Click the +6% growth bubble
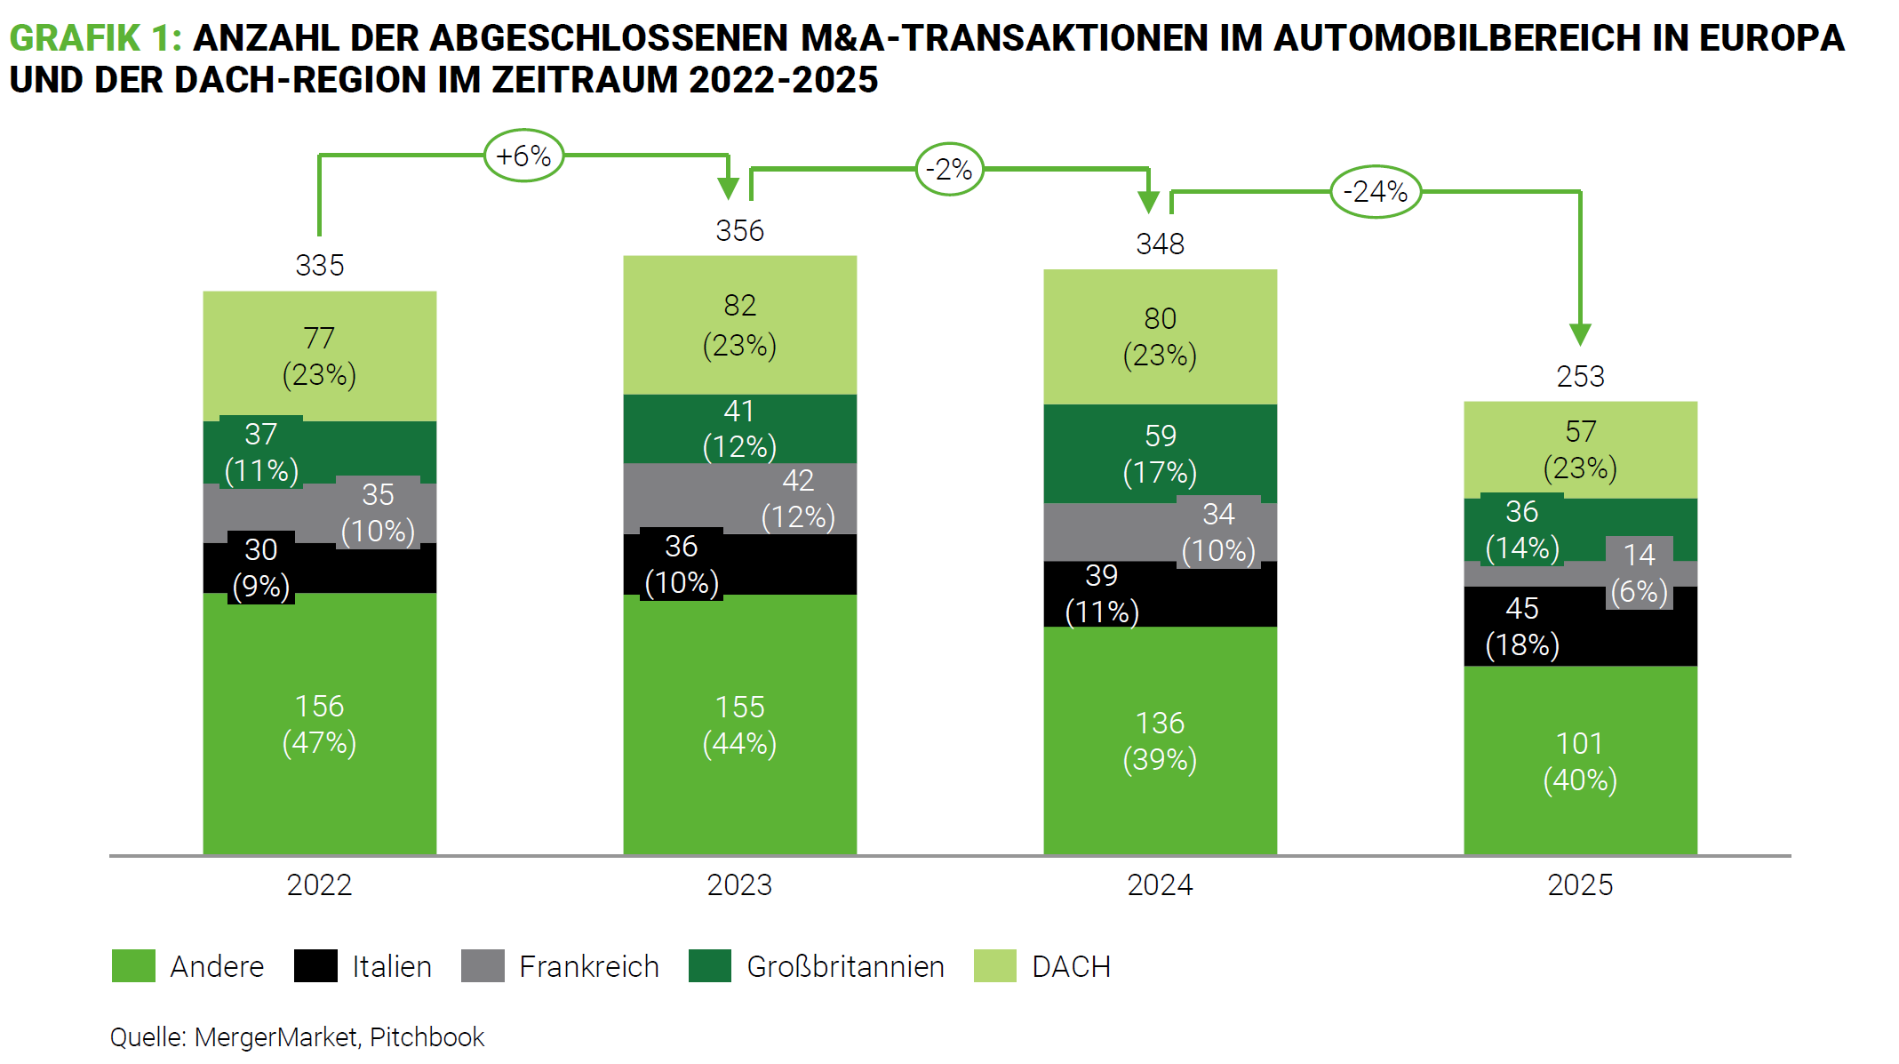(523, 156)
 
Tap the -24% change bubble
(1375, 192)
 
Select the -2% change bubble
(949, 169)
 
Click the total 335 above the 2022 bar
(320, 265)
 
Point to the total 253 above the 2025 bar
(1580, 376)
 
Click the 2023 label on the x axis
(739, 884)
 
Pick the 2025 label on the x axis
(1580, 884)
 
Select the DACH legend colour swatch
(994, 966)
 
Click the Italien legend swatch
(315, 966)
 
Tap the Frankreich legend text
(589, 966)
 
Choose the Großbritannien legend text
(845, 966)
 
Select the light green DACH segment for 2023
(739, 325)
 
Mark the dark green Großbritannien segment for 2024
(1160, 453)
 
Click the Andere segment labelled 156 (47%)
(320, 724)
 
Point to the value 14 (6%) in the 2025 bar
(1639, 573)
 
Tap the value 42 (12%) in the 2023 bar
(798, 499)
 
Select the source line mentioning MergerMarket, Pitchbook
(297, 1037)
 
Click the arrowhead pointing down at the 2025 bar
(1580, 334)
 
